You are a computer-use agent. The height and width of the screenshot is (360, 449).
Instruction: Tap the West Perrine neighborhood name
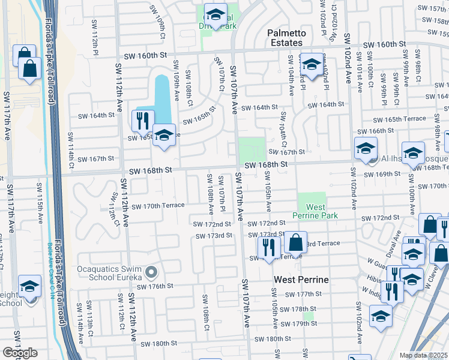(x=301, y=280)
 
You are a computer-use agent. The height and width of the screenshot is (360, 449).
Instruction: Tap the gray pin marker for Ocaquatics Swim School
(x=152, y=273)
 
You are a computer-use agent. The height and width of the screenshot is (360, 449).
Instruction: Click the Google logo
(x=20, y=353)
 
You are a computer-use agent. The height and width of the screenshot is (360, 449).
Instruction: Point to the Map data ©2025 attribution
(x=423, y=355)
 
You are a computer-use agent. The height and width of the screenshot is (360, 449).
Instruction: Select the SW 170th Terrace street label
(x=158, y=206)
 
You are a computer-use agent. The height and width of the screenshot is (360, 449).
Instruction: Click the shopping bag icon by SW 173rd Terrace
(x=295, y=242)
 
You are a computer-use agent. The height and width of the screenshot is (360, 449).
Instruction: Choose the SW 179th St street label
(x=301, y=323)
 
